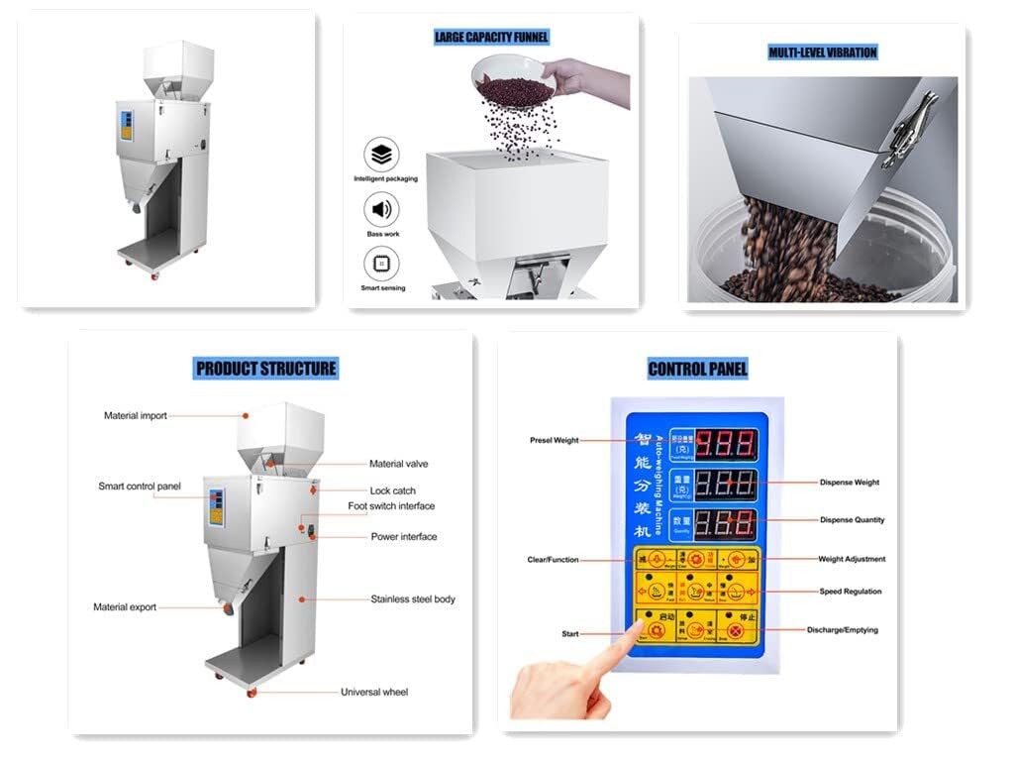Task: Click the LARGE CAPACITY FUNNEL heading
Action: click(491, 38)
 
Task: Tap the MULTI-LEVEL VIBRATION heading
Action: click(823, 53)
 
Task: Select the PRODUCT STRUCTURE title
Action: click(266, 369)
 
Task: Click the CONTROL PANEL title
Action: click(697, 370)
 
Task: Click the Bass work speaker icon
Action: click(382, 209)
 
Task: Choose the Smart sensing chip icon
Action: click(382, 264)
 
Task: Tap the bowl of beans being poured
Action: click(513, 80)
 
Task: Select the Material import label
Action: click(136, 416)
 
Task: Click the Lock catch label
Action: click(392, 490)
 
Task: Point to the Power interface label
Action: click(403, 537)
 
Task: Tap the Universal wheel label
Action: click(374, 692)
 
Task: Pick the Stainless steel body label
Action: click(413, 599)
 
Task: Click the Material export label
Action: click(125, 607)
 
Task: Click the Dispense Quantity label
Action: click(852, 520)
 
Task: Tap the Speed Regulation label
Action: click(851, 592)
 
